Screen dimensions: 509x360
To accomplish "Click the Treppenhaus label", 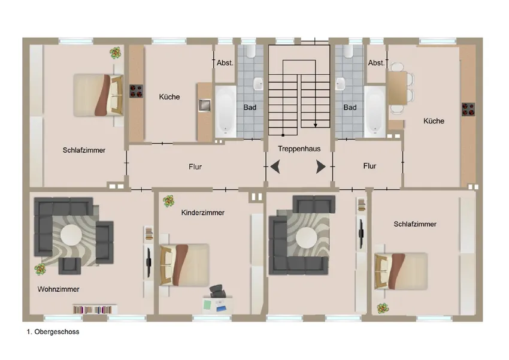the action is click(x=299, y=149).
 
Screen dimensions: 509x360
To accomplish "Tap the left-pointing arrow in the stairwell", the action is click(x=275, y=167).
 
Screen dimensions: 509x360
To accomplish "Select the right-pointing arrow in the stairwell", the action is click(x=321, y=167).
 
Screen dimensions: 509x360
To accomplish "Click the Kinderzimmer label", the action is click(x=203, y=213).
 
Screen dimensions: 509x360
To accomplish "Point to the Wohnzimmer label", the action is click(x=59, y=289).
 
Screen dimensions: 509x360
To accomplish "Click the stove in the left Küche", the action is click(x=137, y=91).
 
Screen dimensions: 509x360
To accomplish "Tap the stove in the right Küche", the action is click(x=468, y=110).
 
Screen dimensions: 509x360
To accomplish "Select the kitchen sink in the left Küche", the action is click(x=205, y=105).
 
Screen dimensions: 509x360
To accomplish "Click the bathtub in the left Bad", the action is click(x=226, y=111).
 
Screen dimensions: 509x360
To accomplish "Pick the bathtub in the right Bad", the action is click(x=375, y=111).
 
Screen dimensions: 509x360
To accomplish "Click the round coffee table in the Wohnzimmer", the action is click(x=71, y=235).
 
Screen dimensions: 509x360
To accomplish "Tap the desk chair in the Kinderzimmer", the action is click(x=217, y=291).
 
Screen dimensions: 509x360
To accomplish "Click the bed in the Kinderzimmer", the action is click(x=184, y=265).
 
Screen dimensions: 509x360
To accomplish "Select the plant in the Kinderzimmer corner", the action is click(x=168, y=201).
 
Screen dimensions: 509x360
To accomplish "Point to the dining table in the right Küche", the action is click(x=398, y=88).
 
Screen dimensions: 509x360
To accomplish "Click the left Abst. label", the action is click(x=225, y=63).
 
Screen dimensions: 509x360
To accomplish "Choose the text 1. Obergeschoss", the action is click(x=53, y=332).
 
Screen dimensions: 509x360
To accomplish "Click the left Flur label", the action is click(x=195, y=167).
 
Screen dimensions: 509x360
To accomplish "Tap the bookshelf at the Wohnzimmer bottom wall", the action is click(x=95, y=309).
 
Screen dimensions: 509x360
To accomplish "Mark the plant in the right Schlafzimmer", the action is click(x=383, y=308).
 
